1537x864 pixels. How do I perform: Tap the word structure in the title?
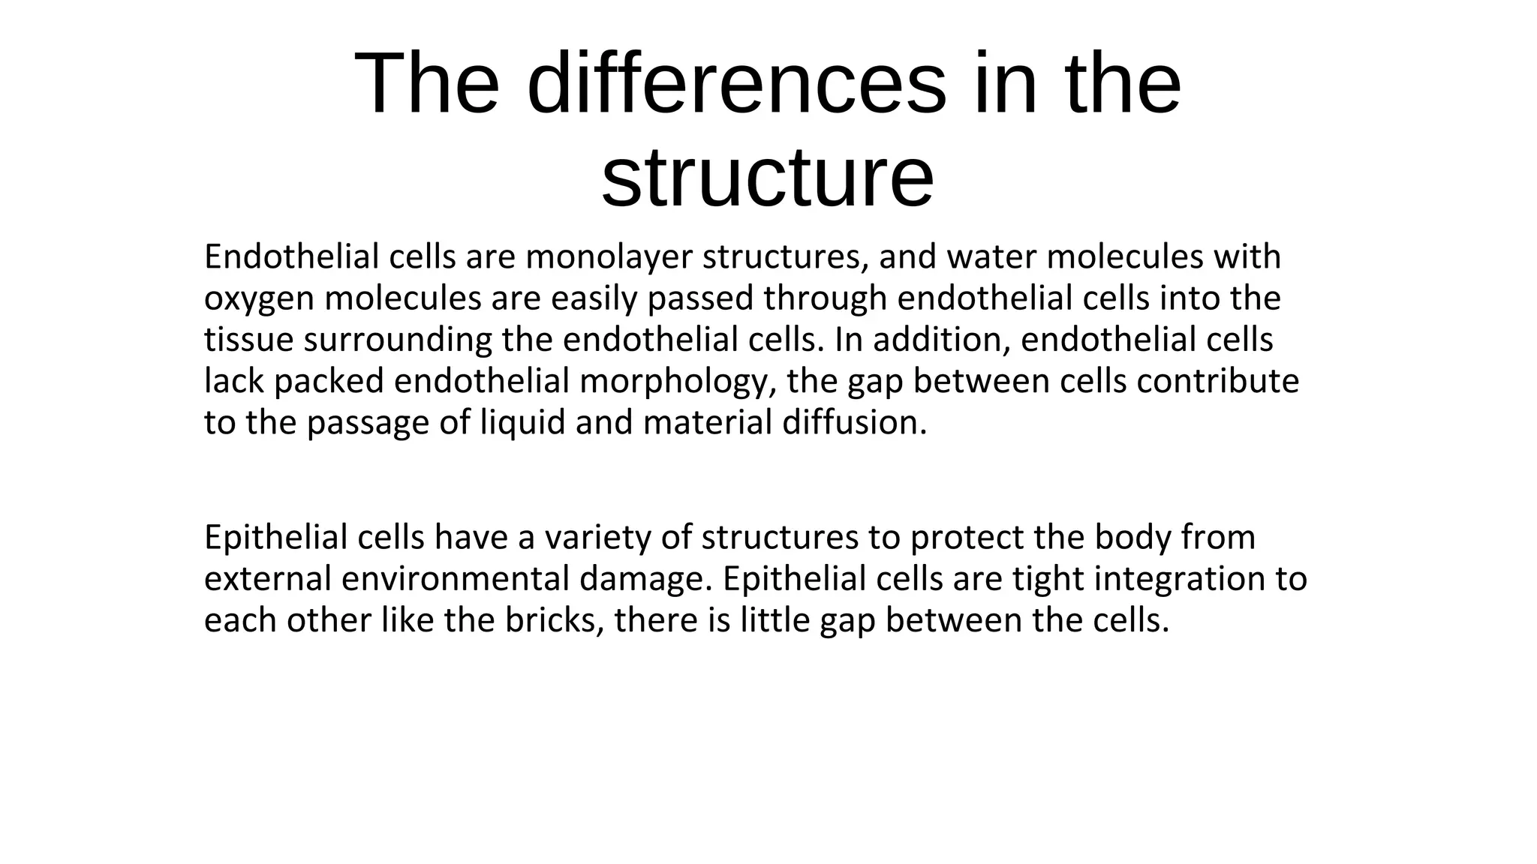click(x=767, y=177)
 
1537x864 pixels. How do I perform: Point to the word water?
click(x=991, y=257)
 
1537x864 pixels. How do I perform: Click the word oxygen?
click(x=259, y=299)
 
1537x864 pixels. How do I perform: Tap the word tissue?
click(x=248, y=340)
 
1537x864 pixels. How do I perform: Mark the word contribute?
click(x=1217, y=381)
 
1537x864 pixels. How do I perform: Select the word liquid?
click(x=522, y=422)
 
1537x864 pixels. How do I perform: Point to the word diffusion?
click(x=855, y=422)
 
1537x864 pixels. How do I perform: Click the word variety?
click(x=597, y=538)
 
